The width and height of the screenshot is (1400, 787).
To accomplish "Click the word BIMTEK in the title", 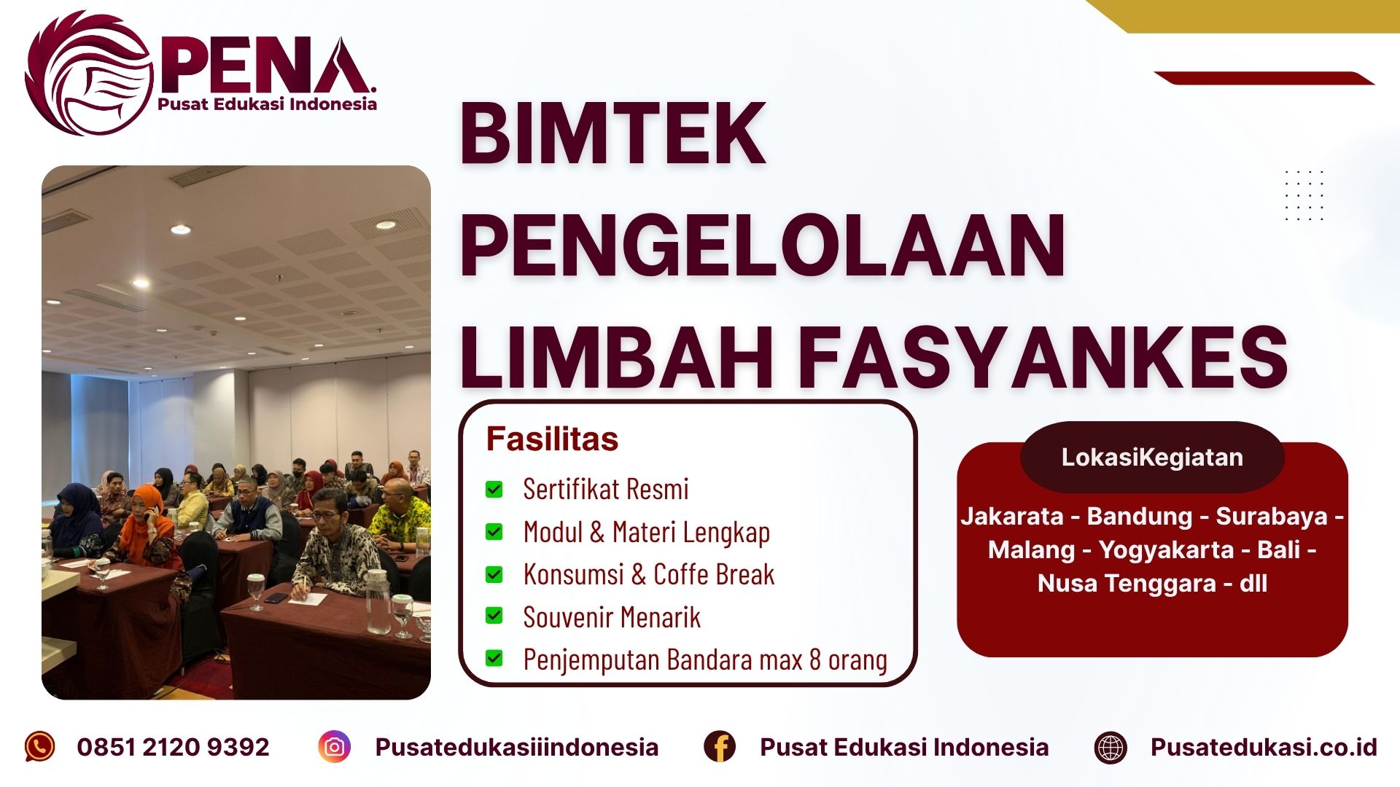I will pos(612,134).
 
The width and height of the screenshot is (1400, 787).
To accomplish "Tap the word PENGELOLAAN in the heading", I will pos(763,246).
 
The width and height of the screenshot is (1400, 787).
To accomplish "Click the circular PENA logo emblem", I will pos(88,74).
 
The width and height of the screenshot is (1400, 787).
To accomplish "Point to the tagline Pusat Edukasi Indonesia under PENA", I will pos(267,104).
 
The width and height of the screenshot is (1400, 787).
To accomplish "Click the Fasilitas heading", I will pos(552,439).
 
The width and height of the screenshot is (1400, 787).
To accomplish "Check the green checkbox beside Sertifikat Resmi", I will pos(494,489).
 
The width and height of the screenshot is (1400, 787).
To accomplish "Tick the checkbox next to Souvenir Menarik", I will pos(494,616).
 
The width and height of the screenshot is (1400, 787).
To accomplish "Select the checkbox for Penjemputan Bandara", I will pos(494,659).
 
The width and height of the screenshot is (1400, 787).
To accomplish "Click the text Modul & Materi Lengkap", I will pos(646,532).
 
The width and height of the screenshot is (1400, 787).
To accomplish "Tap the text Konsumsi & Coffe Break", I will pos(648,575).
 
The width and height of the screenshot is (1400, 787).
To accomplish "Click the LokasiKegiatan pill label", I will pos(1152,457).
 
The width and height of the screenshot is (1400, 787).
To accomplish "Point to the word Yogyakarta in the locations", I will pos(1166,549).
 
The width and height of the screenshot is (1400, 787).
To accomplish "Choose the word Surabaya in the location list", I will pos(1271,516).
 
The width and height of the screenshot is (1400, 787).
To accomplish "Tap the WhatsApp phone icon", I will pos(39,747).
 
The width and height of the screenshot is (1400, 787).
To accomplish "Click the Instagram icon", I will pos(335,747).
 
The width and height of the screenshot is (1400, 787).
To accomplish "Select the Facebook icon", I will pos(720,747).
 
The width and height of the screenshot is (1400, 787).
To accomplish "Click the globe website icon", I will pos(1111,748).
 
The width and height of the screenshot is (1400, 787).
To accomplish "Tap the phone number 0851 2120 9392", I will pos(173,747).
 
